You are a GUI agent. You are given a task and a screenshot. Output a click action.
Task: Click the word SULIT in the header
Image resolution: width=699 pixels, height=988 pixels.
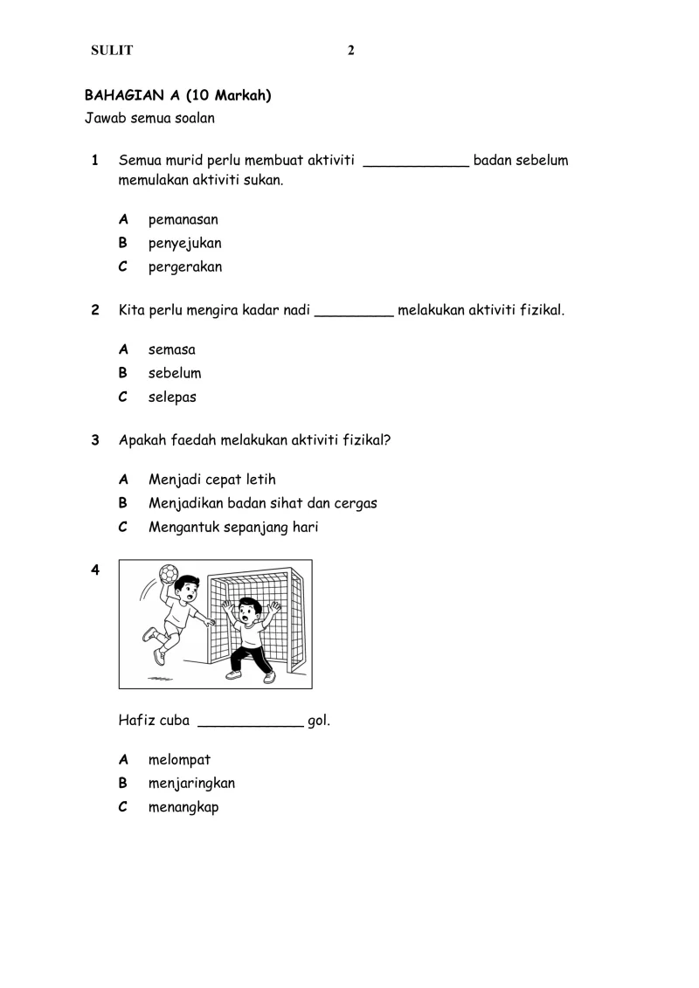click(x=112, y=51)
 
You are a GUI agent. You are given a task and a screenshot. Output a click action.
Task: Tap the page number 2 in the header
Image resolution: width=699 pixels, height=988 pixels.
click(x=351, y=51)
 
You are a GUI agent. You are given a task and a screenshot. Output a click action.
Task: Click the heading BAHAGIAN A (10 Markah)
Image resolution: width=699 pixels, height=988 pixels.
click(x=177, y=95)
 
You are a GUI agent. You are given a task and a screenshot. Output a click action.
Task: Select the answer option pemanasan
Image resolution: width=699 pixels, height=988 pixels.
click(x=183, y=219)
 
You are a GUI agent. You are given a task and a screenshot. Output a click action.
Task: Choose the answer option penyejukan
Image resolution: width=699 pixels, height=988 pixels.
click(x=184, y=244)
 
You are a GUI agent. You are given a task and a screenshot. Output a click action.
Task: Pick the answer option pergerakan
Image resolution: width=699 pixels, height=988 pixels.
click(x=185, y=267)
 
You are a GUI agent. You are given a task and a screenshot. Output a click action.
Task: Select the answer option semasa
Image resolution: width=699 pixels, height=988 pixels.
click(x=171, y=349)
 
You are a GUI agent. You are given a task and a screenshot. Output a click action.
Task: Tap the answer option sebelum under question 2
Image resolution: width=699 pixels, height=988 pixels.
click(x=175, y=373)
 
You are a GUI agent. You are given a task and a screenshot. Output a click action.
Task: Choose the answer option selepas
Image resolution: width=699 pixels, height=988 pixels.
click(x=172, y=397)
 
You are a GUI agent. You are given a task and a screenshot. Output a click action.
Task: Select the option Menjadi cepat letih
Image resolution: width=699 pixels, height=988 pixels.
click(x=212, y=480)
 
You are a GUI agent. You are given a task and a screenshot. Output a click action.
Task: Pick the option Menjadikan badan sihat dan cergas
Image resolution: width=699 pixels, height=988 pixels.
click(x=262, y=503)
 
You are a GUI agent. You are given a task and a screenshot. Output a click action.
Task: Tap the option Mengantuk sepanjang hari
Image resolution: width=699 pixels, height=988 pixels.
click(x=233, y=528)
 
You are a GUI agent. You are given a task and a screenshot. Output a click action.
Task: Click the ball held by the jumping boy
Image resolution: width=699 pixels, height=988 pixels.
click(x=169, y=574)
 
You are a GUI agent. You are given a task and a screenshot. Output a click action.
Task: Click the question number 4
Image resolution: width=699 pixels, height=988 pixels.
click(x=95, y=570)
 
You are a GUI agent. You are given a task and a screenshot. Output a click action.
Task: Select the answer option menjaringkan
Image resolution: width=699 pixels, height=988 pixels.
click(x=191, y=784)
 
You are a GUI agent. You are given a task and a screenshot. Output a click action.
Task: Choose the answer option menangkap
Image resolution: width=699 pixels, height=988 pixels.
click(x=183, y=807)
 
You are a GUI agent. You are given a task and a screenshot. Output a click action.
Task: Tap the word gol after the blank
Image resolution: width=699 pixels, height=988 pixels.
click(x=319, y=722)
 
